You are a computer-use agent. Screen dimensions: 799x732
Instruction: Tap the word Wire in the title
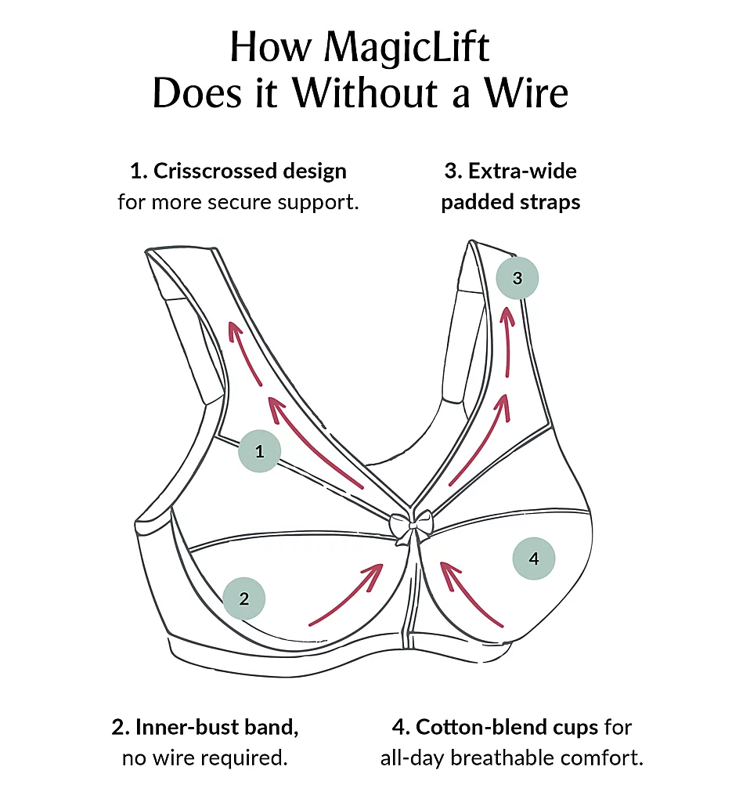click(525, 94)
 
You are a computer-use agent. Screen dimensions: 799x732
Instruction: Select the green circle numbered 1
click(259, 450)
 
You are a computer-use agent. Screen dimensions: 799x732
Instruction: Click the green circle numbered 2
click(244, 599)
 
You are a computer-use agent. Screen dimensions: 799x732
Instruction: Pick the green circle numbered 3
click(517, 277)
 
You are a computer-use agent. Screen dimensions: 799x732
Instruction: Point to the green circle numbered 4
click(534, 559)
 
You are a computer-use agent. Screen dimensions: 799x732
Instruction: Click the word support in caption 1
click(323, 202)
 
